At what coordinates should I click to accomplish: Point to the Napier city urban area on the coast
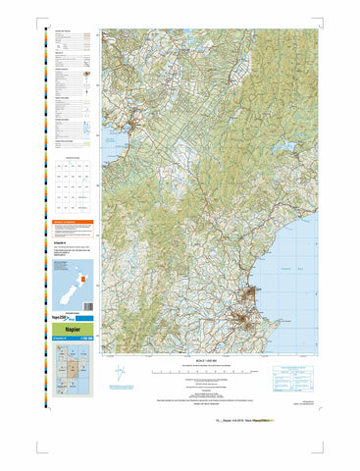coord(257,294)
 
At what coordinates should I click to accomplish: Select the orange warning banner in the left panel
coord(75,223)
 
